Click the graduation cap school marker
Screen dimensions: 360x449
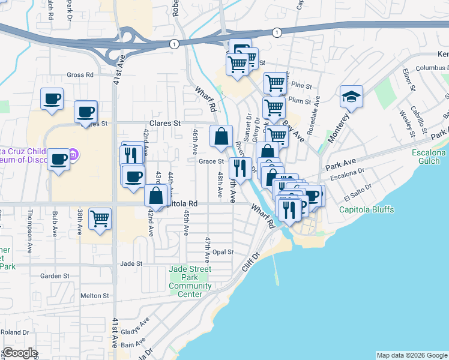tap(352, 96)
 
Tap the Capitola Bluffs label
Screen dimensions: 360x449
tap(366, 209)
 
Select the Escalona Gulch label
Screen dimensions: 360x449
tap(429, 157)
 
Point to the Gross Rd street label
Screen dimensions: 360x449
tap(80, 75)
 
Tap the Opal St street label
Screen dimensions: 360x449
tap(222, 252)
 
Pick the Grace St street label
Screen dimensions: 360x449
tap(211, 161)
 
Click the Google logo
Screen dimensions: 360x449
tap(20, 353)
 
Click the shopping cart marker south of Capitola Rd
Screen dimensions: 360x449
tap(100, 218)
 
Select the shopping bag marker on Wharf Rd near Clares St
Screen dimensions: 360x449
tap(221, 136)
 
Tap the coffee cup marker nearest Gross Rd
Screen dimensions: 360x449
tap(52, 98)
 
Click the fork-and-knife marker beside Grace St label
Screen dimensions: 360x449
tap(240, 168)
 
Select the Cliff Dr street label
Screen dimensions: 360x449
tap(250, 263)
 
